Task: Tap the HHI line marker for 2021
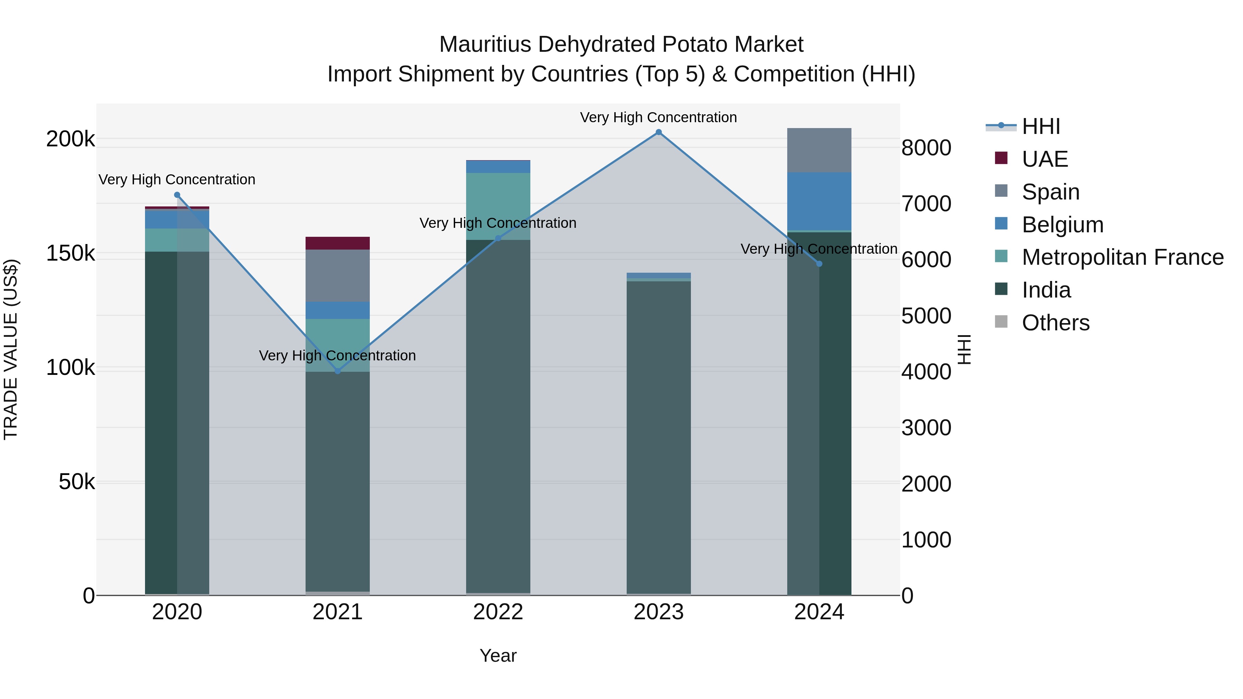(337, 371)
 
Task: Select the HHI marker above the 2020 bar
(177, 195)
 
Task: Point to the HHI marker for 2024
(819, 264)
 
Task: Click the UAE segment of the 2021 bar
(337, 243)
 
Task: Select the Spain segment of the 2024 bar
(819, 150)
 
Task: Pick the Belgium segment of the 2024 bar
(819, 201)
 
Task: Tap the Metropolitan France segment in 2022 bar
(498, 206)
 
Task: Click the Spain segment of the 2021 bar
(337, 275)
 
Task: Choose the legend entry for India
(1046, 290)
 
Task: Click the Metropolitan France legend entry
(1122, 257)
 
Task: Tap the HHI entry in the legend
(1041, 126)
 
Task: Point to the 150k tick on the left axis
(70, 253)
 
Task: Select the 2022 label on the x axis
(498, 612)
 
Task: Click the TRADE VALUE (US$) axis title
(11, 349)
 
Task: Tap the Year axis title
(498, 656)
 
